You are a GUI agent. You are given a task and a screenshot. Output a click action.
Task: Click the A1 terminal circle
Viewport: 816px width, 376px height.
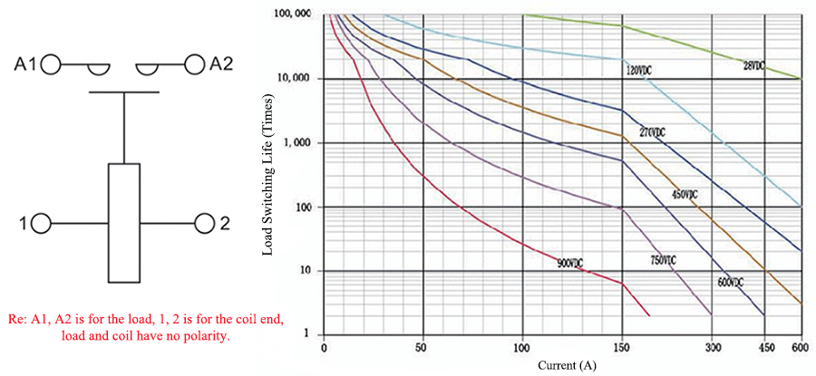52,64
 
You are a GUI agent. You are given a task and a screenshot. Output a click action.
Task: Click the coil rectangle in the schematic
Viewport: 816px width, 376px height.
124,222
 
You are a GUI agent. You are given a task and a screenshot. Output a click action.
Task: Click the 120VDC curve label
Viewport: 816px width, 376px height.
638,70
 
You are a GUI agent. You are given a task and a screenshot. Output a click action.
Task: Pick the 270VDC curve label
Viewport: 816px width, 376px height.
652,132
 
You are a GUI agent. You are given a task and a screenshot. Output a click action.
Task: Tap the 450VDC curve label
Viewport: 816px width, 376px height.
685,195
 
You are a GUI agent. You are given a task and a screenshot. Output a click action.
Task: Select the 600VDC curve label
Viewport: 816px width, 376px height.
730,282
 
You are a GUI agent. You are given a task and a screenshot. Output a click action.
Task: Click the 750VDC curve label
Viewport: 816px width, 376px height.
663,261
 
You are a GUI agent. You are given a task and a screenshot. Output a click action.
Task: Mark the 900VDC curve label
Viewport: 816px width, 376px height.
570,263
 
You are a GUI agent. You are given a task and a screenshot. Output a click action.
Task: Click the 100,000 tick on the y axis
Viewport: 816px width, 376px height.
289,14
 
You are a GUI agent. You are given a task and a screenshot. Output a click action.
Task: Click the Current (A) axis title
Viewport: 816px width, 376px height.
561,365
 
